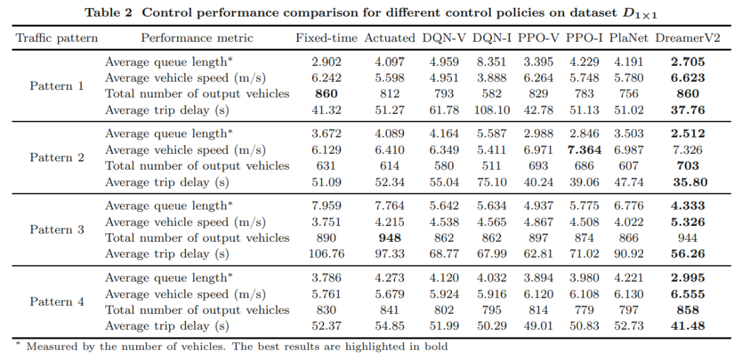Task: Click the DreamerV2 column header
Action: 688,38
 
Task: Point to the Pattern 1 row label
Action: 57,87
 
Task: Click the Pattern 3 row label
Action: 57,230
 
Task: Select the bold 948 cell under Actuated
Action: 390,238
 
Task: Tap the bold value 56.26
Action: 688,254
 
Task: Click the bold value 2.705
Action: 688,62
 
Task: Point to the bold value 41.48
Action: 688,326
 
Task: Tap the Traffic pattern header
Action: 57,38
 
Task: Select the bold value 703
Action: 688,166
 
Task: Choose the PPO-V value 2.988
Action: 535,133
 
